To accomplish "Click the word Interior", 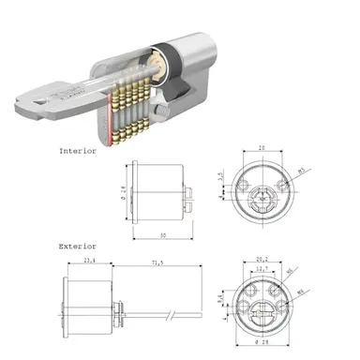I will tap(78, 150).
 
